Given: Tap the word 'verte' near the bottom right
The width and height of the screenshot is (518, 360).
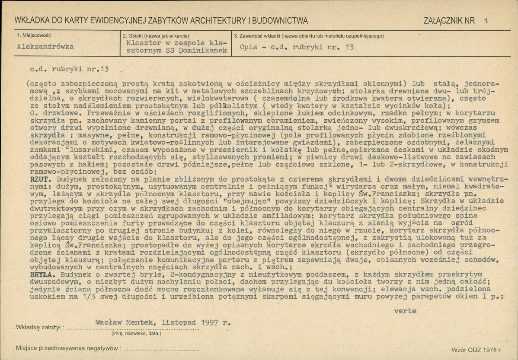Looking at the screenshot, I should (405, 310).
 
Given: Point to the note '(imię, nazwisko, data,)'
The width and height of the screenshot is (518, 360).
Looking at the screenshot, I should (136, 333).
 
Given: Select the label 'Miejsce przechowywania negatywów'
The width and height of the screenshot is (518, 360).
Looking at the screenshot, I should (67, 348).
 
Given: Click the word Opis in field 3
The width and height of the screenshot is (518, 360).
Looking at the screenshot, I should (247, 48).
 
